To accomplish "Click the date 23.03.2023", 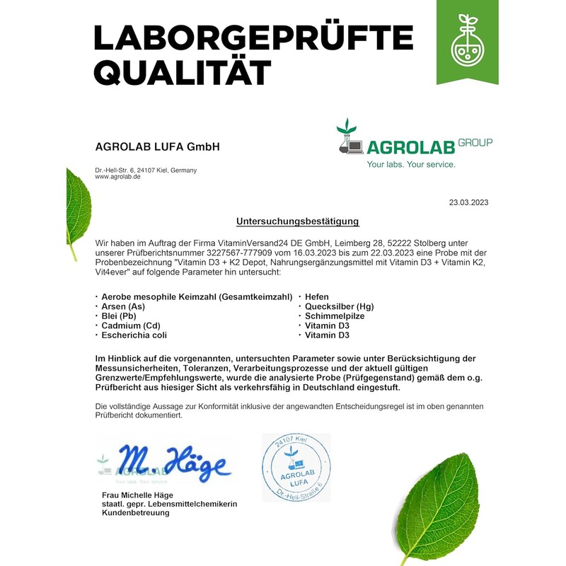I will (x=468, y=202).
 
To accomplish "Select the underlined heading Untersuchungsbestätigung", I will (x=297, y=221).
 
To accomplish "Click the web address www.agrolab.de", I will (x=117, y=177).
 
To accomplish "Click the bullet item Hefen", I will (x=317, y=297).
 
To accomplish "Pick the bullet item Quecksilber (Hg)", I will (x=339, y=306).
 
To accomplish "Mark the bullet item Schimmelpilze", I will (x=335, y=316).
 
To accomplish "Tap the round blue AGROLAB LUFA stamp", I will (x=296, y=468).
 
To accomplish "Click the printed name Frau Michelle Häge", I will (x=138, y=495).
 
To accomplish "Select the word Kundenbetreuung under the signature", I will (x=136, y=512).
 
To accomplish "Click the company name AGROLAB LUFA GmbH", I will (x=157, y=147).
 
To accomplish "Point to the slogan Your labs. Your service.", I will (x=410, y=164).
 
